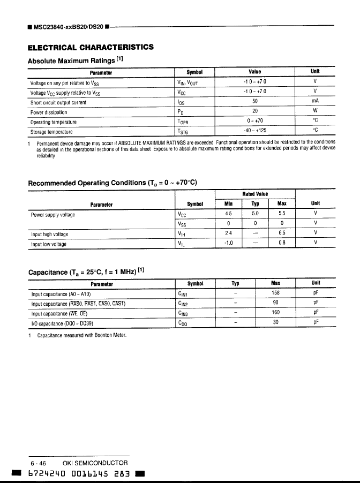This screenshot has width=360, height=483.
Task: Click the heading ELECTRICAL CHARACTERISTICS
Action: (91, 47)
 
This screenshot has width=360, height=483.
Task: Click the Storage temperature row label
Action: (51, 131)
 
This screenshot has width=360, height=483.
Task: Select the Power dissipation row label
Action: (49, 112)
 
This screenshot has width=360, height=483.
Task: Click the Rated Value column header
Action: (255, 194)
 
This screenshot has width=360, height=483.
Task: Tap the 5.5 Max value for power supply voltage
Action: (282, 214)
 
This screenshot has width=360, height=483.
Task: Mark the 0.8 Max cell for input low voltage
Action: (282, 243)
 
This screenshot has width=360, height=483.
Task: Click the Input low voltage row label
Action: (49, 244)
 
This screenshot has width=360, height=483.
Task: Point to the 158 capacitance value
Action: (276, 293)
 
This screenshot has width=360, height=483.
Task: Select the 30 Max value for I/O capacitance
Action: (276, 322)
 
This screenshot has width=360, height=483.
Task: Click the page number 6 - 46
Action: (39, 463)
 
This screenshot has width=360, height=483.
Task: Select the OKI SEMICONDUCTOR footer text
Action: (95, 463)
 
